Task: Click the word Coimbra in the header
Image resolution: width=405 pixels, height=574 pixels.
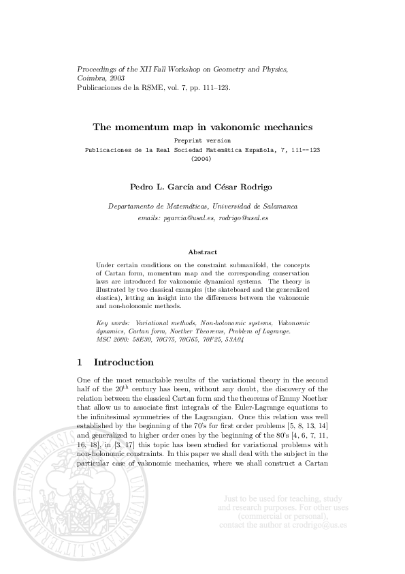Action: pos(92,78)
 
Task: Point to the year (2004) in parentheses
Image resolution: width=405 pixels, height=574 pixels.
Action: pos(202,158)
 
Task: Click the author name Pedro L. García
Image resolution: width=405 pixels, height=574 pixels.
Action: pos(158,185)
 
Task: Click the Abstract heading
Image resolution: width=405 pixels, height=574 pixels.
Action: pos(202,252)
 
